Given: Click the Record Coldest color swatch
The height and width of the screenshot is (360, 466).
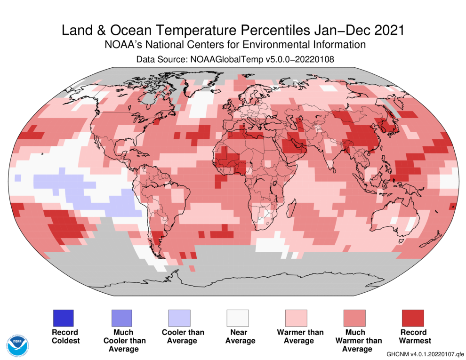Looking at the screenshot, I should coord(63,318).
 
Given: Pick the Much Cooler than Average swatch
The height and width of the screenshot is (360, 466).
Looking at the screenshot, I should coord(121,318).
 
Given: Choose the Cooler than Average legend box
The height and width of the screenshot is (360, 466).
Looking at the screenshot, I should coord(179,318).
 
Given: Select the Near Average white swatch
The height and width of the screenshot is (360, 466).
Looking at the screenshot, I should coord(238,318).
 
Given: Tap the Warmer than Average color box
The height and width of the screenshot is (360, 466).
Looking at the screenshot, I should coord(296,318).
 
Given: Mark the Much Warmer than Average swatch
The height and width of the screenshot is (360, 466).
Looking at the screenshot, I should coord(354,318).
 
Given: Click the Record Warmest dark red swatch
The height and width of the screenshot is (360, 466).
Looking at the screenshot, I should coord(412,318).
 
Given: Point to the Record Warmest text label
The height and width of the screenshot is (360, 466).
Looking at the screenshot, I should coord(413,336).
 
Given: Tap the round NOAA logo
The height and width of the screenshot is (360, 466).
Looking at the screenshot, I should coord(18,345).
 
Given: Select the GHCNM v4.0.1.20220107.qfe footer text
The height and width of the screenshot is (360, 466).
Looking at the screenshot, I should coord(425,353).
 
